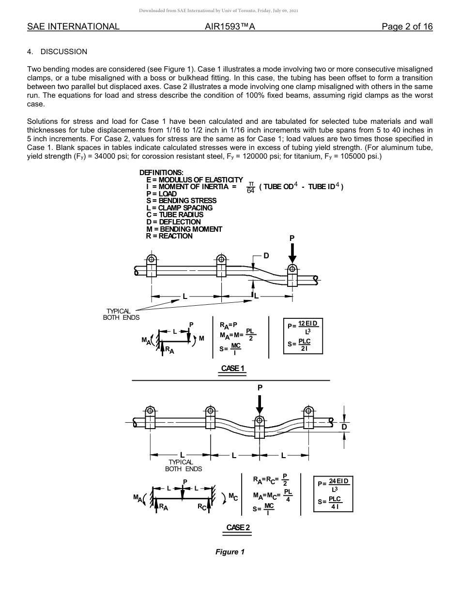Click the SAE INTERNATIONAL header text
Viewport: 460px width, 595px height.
click(x=73, y=27)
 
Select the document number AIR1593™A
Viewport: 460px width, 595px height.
click(x=230, y=27)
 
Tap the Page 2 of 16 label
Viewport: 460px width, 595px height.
click(x=407, y=27)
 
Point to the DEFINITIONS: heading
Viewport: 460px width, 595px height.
click(x=161, y=173)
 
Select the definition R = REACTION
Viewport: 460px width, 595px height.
click(x=169, y=236)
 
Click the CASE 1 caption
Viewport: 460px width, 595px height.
click(x=233, y=368)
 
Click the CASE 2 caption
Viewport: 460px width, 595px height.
click(x=238, y=527)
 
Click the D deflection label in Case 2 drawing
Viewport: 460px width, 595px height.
click(x=344, y=427)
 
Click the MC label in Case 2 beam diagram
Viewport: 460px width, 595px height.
click(x=232, y=496)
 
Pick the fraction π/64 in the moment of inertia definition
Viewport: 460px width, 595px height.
click(x=250, y=187)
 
